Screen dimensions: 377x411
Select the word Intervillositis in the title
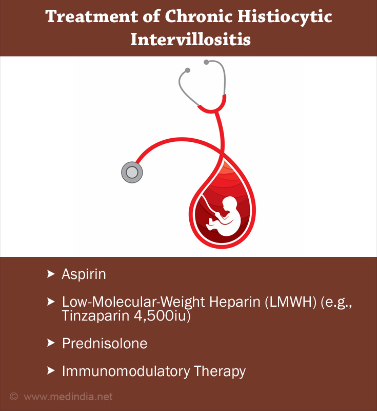[191, 40]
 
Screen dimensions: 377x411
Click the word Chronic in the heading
[199, 16]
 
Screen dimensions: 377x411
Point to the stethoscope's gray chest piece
[132, 172]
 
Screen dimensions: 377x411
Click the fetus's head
[229, 203]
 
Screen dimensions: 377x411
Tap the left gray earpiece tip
[187, 70]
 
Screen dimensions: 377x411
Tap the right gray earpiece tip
[206, 62]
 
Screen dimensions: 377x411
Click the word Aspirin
[84, 275]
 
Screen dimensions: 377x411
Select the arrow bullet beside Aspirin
[51, 274]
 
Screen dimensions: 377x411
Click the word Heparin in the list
[235, 302]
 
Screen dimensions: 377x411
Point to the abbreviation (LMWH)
[291, 302]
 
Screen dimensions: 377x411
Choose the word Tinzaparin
[96, 315]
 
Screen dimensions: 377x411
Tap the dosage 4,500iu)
[162, 316]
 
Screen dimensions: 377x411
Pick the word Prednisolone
[105, 343]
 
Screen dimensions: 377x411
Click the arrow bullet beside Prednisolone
[51, 343]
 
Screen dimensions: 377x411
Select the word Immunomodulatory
[126, 371]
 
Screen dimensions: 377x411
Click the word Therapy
[220, 371]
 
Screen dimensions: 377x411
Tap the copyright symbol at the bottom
[14, 396]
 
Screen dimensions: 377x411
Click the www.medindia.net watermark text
[68, 397]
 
